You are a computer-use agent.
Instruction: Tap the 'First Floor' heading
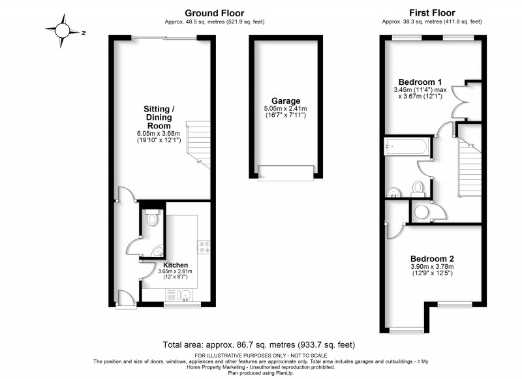click(x=432, y=12)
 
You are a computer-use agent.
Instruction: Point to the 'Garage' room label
click(x=286, y=101)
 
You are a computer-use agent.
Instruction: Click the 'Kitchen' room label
click(x=176, y=265)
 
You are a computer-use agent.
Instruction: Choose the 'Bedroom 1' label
click(x=416, y=82)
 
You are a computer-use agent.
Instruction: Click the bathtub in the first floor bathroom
click(x=407, y=147)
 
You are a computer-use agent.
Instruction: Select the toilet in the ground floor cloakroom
click(x=152, y=219)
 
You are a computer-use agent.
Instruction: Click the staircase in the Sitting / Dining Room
click(x=199, y=144)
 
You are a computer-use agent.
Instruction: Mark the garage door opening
click(x=286, y=172)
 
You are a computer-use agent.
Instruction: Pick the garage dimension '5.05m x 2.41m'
click(x=286, y=109)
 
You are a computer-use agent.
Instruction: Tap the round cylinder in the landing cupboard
click(x=423, y=211)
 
